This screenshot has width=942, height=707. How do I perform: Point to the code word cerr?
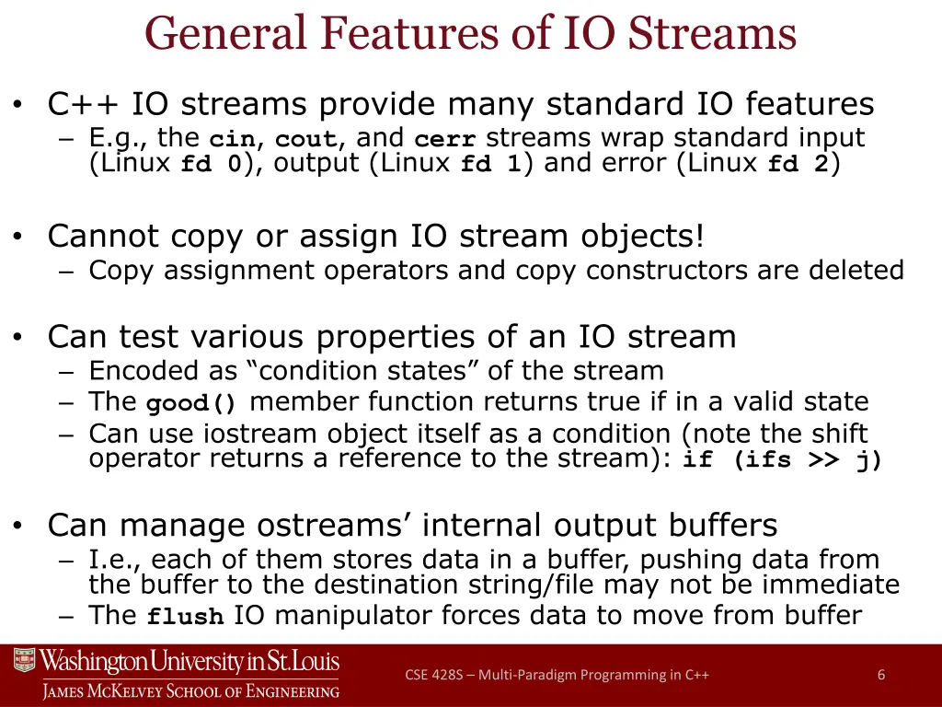pos(445,140)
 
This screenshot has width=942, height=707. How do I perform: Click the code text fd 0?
pos(211,166)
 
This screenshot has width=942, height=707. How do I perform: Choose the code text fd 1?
pos(491,166)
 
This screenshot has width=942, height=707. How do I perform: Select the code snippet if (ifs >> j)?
pos(782,460)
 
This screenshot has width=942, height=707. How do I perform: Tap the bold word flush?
pos(186,618)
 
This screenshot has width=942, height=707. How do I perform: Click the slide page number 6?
pos(881,675)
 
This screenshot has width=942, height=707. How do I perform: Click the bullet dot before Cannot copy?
pos(18,238)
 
